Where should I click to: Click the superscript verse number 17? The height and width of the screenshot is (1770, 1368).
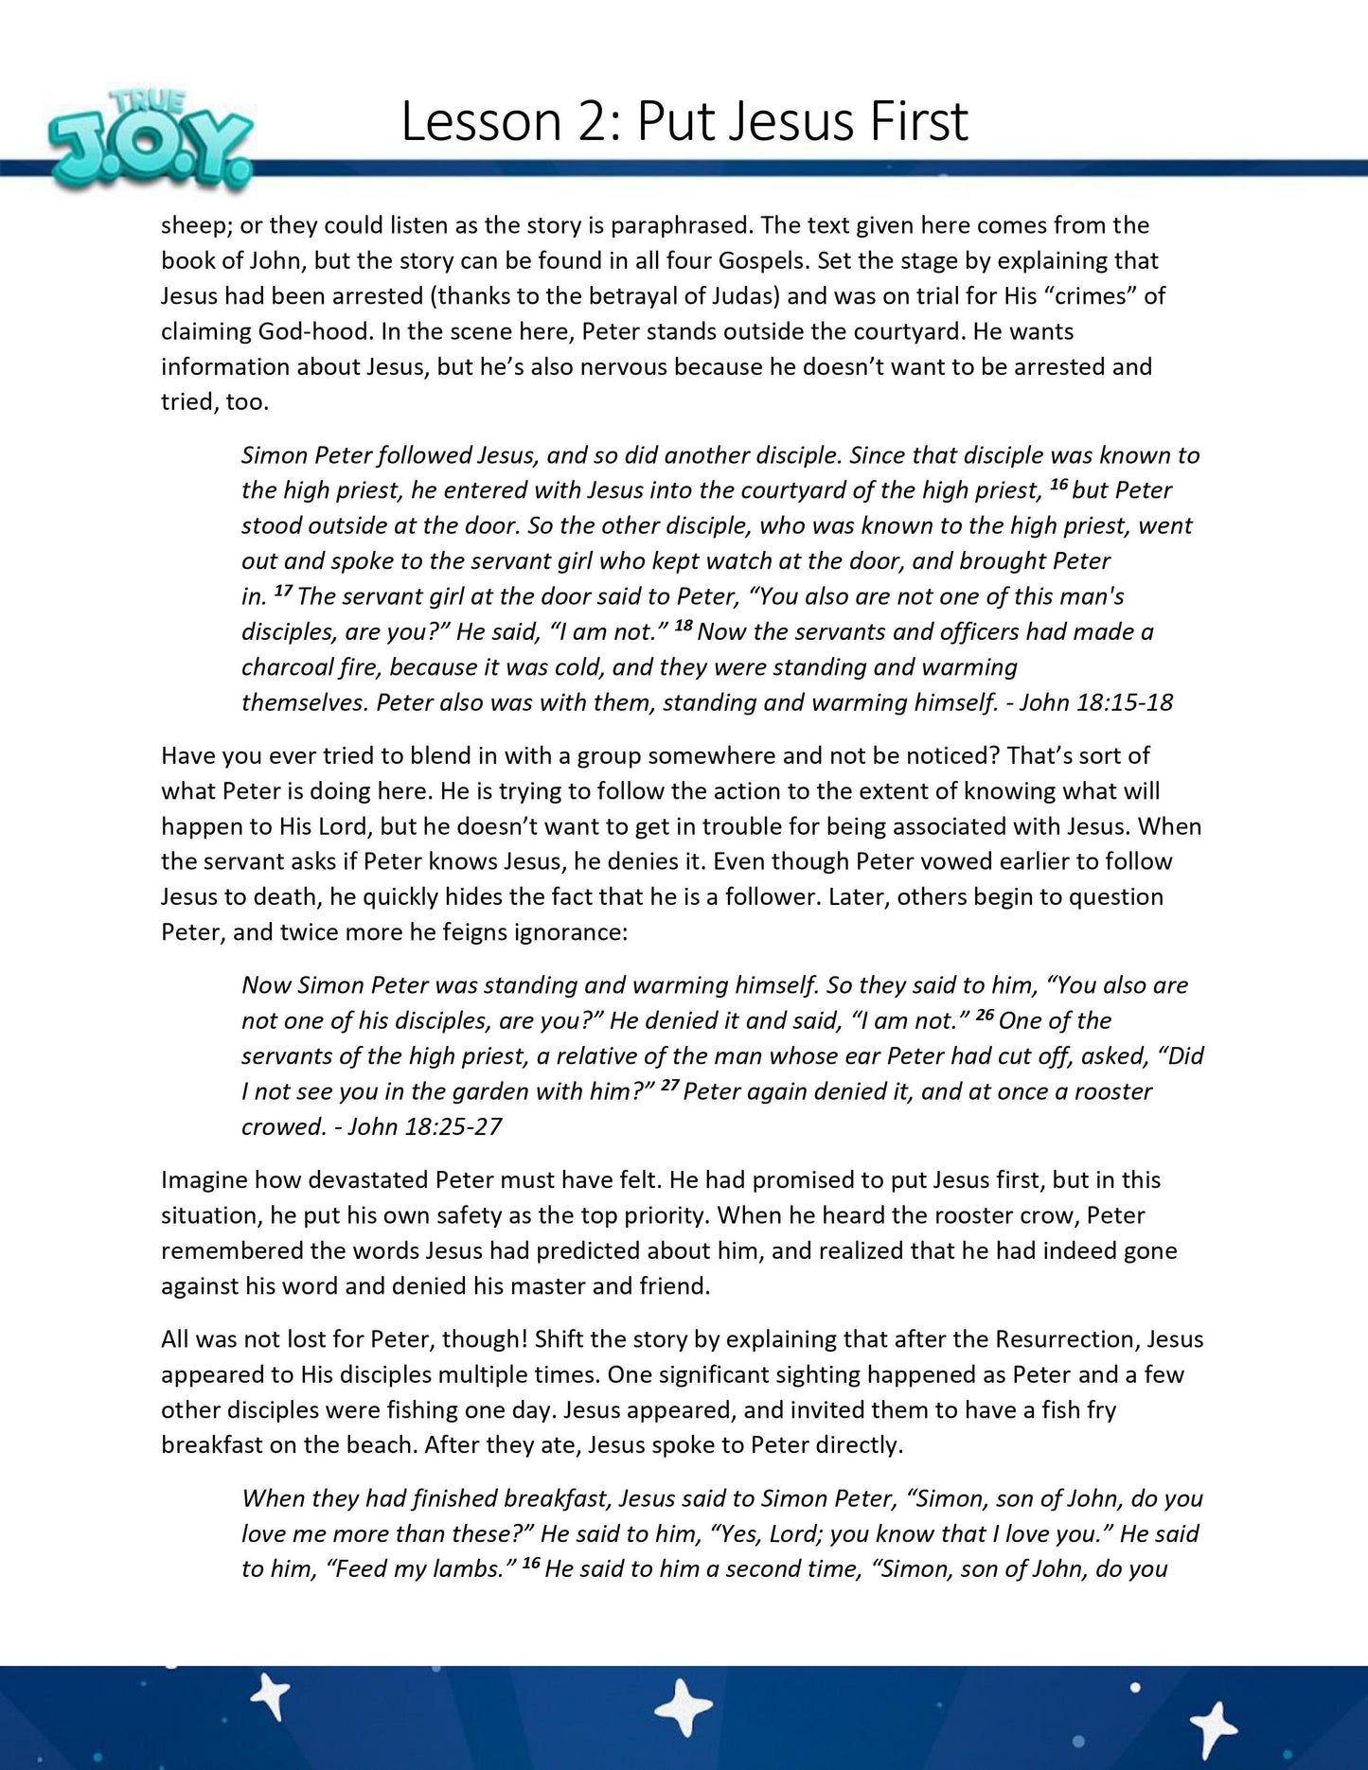(282, 592)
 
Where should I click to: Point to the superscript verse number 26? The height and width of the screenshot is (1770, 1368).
(985, 1016)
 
